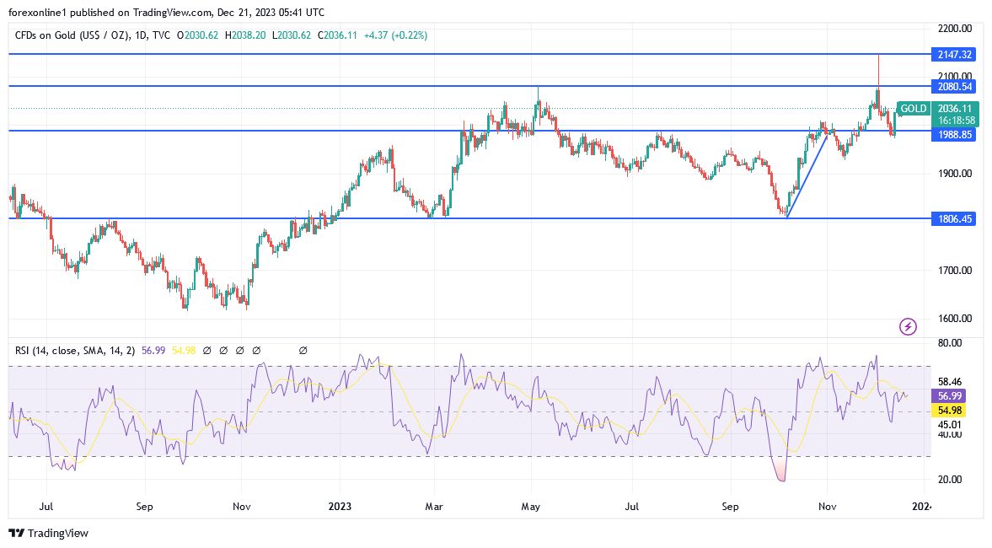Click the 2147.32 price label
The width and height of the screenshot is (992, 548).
pos(954,54)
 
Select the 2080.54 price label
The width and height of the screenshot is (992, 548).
pos(954,86)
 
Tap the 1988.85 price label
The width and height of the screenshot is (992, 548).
pos(954,134)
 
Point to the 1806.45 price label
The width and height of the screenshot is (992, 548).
pos(954,218)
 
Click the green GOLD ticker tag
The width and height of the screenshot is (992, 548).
pos(914,109)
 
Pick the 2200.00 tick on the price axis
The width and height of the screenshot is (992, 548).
pos(954,29)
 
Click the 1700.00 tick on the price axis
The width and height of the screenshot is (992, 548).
pos(954,271)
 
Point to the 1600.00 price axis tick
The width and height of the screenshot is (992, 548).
pos(954,319)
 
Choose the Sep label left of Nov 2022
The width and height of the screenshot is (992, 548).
pos(144,507)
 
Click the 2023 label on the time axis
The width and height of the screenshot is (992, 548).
pos(340,507)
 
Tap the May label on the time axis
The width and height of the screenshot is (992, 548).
pos(530,507)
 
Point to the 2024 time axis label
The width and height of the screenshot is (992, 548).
pos(923,507)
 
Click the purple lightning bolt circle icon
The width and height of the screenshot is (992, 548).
pos(908,326)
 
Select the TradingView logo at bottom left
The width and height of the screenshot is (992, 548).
pos(48,533)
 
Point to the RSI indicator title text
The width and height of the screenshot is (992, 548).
pos(74,350)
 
